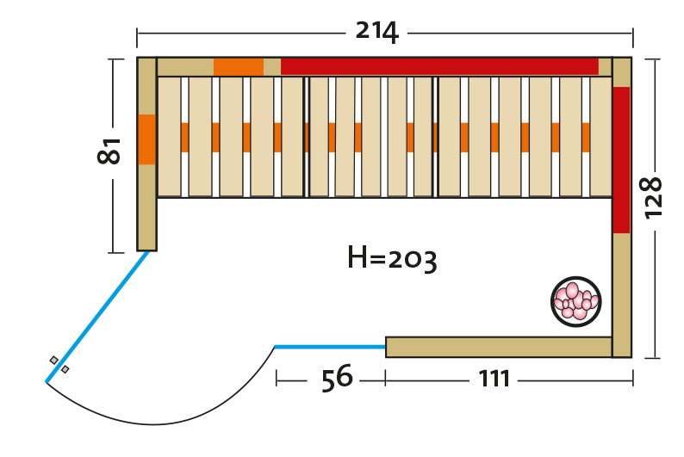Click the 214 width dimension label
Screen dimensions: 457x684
tap(376, 32)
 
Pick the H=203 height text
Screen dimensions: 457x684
tap(392, 256)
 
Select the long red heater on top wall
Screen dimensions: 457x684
tap(439, 66)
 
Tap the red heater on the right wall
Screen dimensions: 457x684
tap(621, 159)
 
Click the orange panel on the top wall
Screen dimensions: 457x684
tap(239, 66)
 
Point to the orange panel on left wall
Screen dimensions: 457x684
tap(146, 139)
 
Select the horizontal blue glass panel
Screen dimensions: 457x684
tap(330, 347)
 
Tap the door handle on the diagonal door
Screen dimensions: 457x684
tap(59, 364)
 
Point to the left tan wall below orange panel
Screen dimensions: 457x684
tap(146, 207)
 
